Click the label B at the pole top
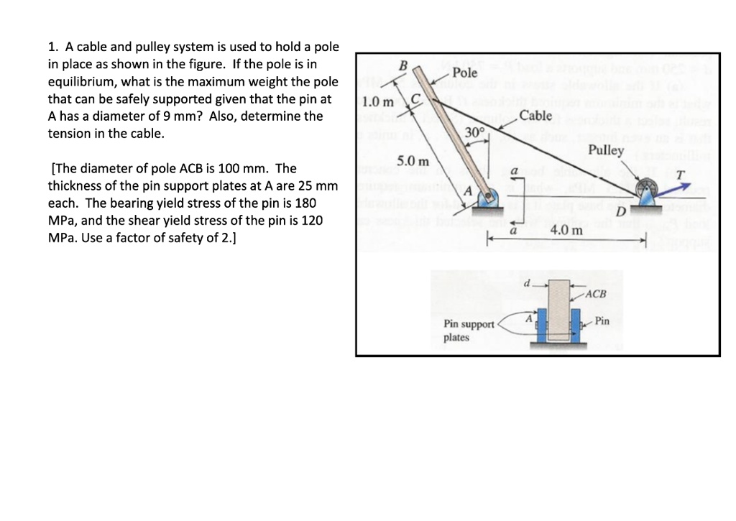coord(403,66)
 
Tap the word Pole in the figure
coord(465,73)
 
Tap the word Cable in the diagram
coord(535,116)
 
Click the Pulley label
coord(606,150)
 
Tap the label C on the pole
coord(415,98)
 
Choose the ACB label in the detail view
coord(596,294)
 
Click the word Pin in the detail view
coord(602,321)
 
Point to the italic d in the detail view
coord(527,283)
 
